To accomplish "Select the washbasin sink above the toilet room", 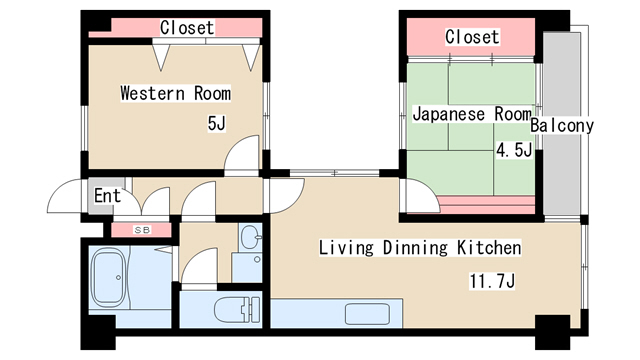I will [250, 240].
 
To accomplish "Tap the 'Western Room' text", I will [175, 94].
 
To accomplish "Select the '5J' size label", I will [216, 124].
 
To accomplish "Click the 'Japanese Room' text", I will [471, 114].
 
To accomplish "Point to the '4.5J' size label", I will [514, 151].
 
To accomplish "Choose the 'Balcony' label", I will [562, 126].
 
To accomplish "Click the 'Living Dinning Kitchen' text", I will [420, 247].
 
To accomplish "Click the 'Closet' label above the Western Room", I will [187, 28].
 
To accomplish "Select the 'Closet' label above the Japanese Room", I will [472, 37].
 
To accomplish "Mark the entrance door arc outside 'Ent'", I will [63, 197].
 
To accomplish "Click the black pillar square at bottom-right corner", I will [550, 327].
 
